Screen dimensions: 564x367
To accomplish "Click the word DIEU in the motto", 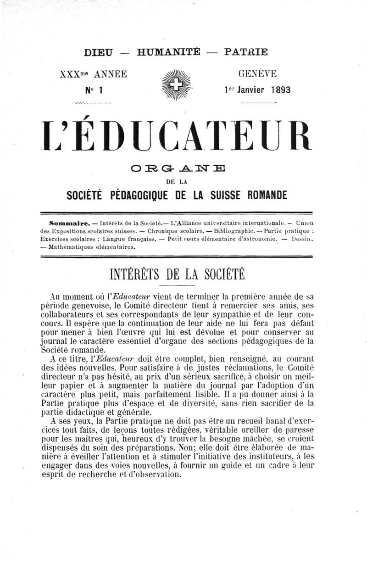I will click(99, 52).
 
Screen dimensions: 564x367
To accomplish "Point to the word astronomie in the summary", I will click(258, 239).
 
